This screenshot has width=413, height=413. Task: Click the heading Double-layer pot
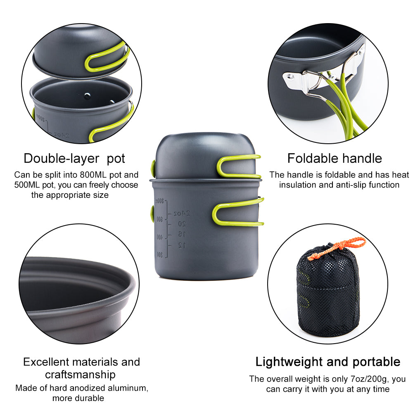pos(74,158)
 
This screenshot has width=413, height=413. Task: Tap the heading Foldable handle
pos(335,158)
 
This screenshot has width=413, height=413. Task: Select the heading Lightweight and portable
pos(328,362)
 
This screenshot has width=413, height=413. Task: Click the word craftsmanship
pos(80,375)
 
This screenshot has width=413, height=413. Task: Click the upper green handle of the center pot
pos(239,166)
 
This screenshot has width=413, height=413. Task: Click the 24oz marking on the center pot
pos(182,214)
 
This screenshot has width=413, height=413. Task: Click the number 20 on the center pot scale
pos(182,224)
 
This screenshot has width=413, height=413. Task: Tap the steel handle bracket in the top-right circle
pos(314,81)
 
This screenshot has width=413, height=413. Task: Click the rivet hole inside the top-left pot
pos(87,97)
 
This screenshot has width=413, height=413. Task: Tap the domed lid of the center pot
pos(194,153)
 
